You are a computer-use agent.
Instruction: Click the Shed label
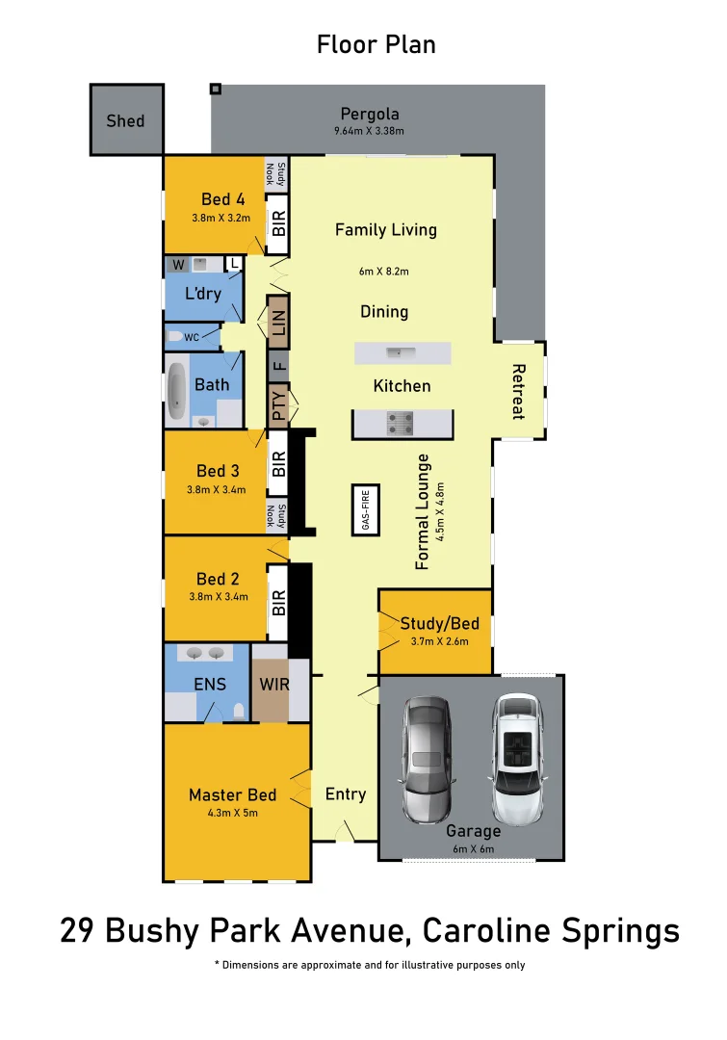click(125, 120)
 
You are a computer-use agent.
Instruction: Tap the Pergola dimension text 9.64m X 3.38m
click(370, 132)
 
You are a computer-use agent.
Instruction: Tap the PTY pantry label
click(279, 405)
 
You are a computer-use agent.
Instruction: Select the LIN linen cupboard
click(278, 323)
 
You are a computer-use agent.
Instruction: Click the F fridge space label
click(279, 366)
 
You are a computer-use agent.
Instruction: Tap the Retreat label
click(518, 391)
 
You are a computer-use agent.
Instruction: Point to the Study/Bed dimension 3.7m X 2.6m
click(438, 640)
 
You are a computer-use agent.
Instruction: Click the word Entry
click(345, 794)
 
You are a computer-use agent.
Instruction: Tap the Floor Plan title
click(376, 44)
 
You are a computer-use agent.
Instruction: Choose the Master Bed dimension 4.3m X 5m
click(232, 813)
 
